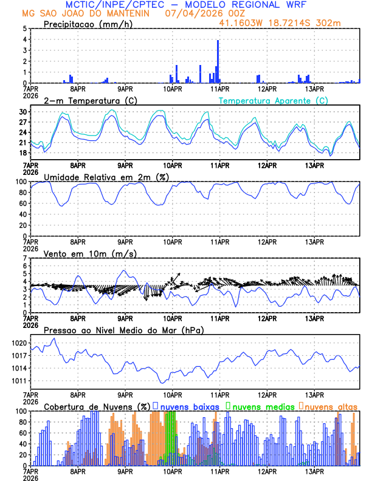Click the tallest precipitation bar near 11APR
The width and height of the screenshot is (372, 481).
point(218,61)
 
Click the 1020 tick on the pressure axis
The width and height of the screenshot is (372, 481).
point(19,343)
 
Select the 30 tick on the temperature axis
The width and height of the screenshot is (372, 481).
point(23,112)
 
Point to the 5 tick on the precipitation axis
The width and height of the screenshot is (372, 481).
point(25,29)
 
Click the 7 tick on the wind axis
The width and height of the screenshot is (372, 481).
point(25,258)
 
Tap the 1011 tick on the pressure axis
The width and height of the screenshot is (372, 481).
point(19,381)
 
